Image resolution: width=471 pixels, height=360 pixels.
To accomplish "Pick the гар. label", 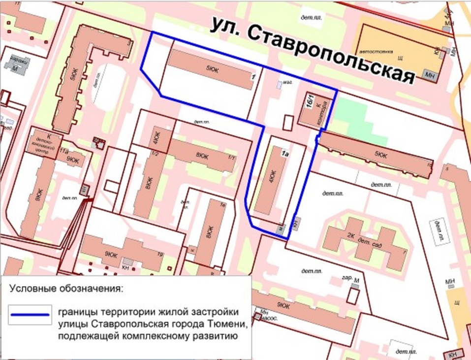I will pos(346,277).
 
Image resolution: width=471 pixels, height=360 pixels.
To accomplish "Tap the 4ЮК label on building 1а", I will pos(272,176).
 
